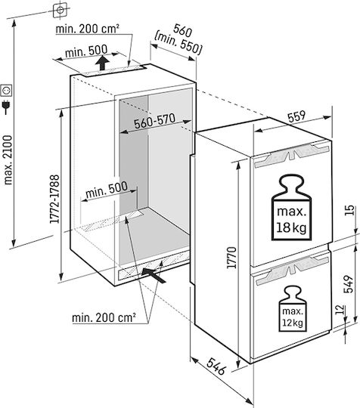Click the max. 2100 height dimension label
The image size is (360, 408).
8,159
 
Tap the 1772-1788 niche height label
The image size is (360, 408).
54,199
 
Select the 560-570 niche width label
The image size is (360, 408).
155,121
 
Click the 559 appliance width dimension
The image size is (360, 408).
296,116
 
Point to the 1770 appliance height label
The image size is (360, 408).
231,258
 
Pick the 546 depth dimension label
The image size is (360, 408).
216,366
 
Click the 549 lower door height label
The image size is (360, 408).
348,284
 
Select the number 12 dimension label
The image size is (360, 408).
339,310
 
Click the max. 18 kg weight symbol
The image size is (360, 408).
291,208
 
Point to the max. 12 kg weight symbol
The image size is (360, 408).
293,309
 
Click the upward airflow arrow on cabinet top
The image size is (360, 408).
102,63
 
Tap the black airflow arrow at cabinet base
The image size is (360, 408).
154,276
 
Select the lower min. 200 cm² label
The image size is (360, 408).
104,317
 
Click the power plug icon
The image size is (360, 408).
6,107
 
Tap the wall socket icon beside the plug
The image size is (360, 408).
6,91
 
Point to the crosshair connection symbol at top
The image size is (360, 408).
61,10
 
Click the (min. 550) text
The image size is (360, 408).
178,44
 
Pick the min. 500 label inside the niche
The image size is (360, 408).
107,189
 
